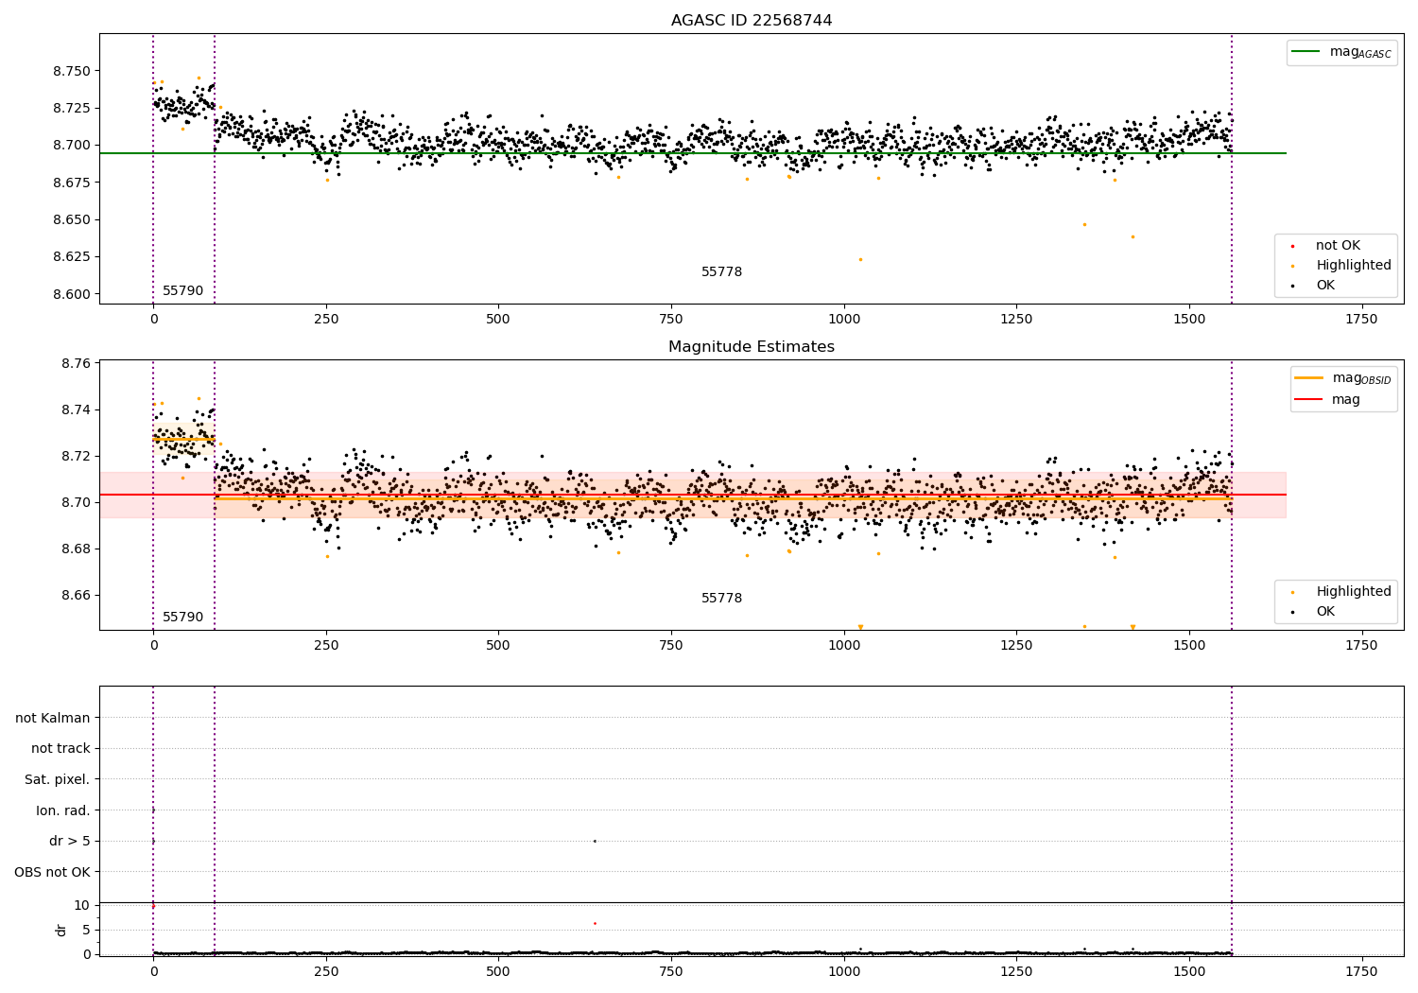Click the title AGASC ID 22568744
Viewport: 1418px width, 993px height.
click(752, 21)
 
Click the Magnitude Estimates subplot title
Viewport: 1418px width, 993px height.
click(752, 347)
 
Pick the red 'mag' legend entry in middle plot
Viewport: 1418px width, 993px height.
click(1345, 400)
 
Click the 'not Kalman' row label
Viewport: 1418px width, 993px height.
click(53, 718)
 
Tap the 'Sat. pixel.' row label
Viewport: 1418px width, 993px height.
click(57, 779)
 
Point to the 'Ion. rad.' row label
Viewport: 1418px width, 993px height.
click(62, 810)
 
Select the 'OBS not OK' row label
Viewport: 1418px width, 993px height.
click(52, 872)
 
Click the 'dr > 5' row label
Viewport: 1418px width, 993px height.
click(69, 841)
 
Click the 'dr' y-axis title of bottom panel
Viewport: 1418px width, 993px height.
click(61, 930)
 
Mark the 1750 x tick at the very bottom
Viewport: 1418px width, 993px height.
click(1361, 971)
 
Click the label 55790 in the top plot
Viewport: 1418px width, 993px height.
click(182, 291)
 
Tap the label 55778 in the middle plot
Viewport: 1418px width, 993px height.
click(721, 599)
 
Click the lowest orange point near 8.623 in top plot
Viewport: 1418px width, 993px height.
click(860, 259)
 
